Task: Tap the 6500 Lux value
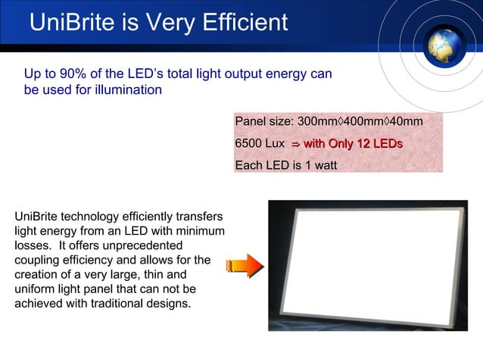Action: click(x=260, y=144)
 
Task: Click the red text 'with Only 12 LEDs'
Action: click(x=353, y=144)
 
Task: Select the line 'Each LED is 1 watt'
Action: click(x=285, y=166)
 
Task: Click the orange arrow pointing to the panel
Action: click(x=244, y=264)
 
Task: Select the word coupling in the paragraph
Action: click(x=36, y=261)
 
